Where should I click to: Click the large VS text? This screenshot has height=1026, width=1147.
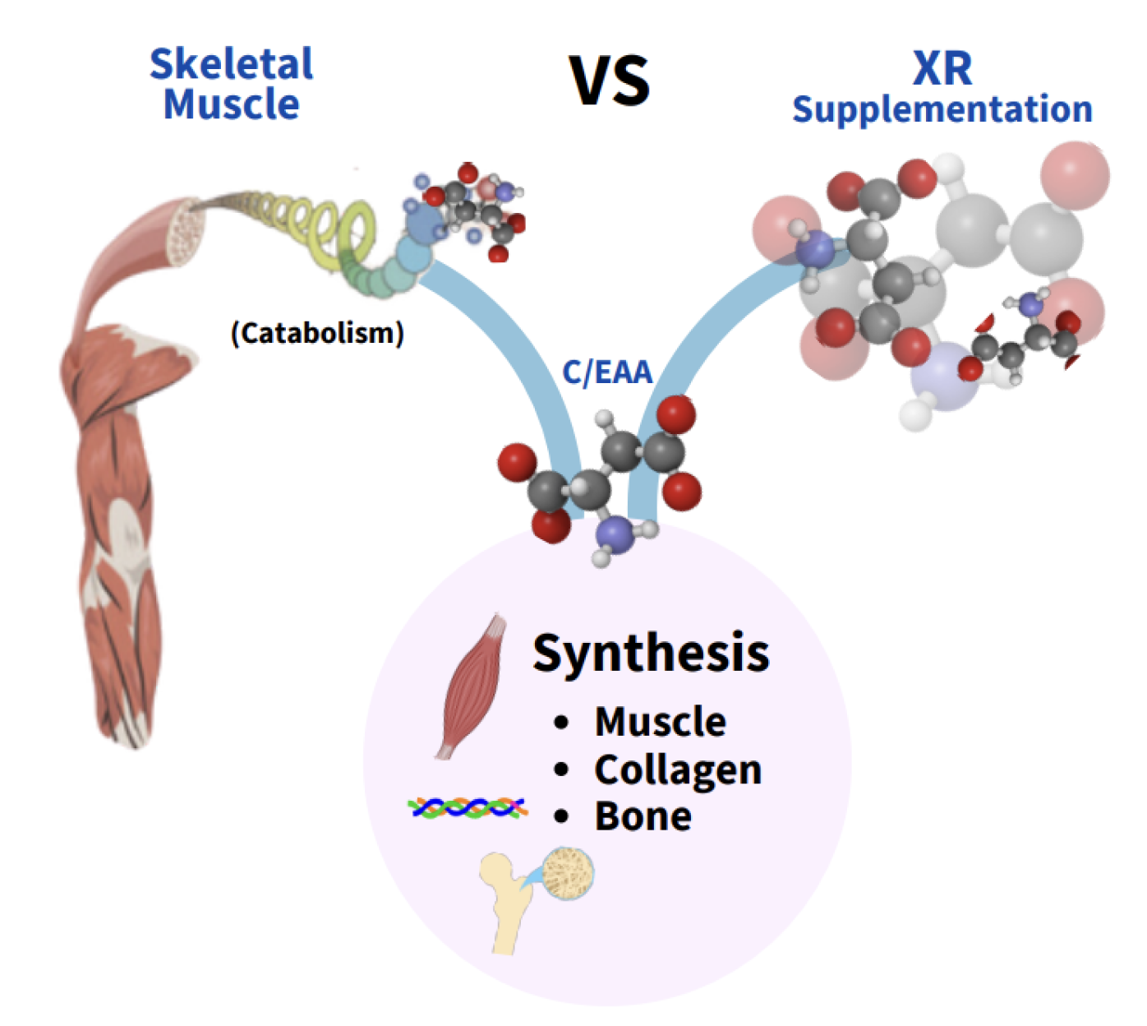[610, 80]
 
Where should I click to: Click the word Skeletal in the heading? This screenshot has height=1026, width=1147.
[231, 64]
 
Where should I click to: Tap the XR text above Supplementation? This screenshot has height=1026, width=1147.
[942, 68]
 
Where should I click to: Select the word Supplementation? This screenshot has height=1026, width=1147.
[942, 109]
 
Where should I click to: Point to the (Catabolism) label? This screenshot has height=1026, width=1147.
[317, 333]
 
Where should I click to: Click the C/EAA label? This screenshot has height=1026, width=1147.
[607, 372]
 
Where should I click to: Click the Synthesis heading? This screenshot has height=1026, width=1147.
[651, 653]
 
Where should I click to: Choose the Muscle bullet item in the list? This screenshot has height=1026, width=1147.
[660, 722]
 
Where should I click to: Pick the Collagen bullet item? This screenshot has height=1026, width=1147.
[678, 769]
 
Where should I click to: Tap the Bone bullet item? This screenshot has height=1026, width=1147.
[643, 816]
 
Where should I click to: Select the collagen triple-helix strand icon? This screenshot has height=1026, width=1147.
[468, 808]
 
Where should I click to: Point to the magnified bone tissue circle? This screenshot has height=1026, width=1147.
[569, 873]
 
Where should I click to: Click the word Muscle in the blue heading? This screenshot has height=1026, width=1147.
[231, 104]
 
